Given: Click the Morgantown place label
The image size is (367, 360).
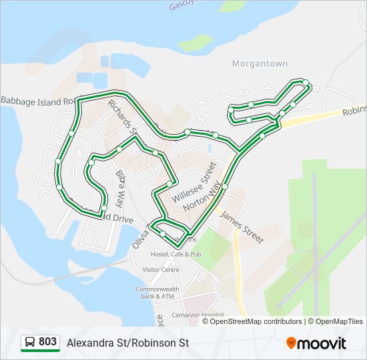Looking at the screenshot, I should click(260, 64).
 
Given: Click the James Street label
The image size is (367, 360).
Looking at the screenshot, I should click(241, 227).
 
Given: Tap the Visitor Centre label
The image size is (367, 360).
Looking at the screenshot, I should click(157, 270).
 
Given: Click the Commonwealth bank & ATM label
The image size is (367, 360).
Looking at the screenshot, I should click(155, 293).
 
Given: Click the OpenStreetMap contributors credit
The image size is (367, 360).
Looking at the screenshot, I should click(252, 321).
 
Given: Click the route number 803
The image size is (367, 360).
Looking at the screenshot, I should click(47, 342).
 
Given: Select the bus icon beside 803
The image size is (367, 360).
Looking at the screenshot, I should click(30, 343).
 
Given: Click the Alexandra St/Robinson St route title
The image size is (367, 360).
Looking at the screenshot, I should click(127, 343).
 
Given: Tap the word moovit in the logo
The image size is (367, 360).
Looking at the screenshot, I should click(322, 343).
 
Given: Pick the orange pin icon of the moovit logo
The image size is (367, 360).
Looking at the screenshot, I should click(291, 343).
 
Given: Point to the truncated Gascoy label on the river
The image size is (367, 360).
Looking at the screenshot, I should click(185, 5).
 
